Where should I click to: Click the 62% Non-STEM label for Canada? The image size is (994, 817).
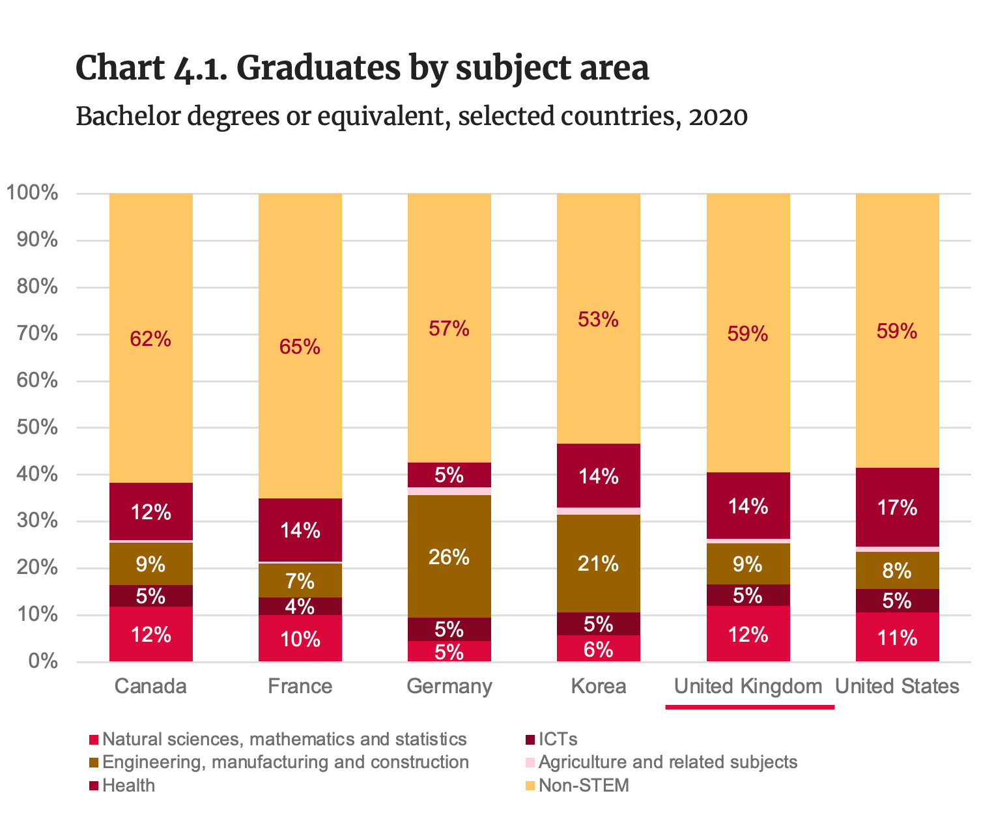click(150, 339)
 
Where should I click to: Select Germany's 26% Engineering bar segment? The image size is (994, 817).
click(449, 557)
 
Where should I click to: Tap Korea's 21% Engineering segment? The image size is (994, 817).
click(598, 564)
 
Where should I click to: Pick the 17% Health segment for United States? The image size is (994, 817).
click(897, 507)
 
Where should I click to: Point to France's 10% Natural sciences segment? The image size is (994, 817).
click(300, 638)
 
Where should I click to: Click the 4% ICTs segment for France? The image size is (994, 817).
click(300, 607)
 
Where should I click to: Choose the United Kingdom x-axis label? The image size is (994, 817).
click(748, 686)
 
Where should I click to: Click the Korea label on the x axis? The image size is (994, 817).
click(598, 686)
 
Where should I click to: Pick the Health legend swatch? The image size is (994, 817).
click(94, 786)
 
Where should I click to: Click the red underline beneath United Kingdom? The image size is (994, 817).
click(749, 706)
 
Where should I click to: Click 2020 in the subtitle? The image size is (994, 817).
click(717, 117)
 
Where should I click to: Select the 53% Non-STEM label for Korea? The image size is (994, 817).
click(598, 319)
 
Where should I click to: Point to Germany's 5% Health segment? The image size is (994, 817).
click(449, 475)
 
